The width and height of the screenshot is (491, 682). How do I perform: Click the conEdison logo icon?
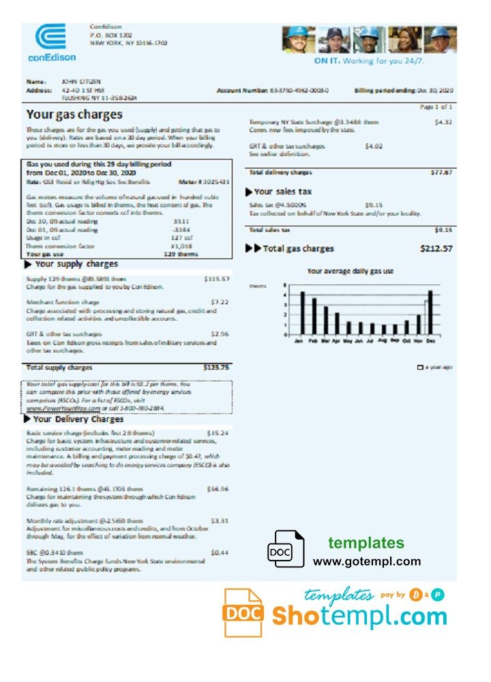[50, 37]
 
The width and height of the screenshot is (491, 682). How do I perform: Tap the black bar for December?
[430, 312]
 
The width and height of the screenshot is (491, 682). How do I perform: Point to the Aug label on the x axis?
[384, 340]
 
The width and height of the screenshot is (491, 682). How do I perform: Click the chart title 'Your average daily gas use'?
[350, 271]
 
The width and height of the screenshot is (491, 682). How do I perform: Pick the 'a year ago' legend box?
[419, 368]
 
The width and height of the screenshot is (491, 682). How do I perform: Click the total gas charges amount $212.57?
[436, 249]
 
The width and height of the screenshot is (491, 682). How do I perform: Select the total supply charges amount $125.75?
[216, 368]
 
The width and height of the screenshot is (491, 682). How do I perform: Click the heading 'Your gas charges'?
[74, 115]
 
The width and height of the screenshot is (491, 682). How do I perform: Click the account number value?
[299, 90]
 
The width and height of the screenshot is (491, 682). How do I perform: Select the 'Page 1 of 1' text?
[437, 107]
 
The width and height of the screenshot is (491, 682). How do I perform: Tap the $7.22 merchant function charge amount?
[220, 301]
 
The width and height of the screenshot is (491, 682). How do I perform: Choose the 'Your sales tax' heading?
[282, 192]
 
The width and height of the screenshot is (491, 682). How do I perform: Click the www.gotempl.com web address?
[367, 561]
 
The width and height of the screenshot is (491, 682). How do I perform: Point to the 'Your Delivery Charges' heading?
[78, 419]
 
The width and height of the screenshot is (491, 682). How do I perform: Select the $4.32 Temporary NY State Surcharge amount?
[443, 122]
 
